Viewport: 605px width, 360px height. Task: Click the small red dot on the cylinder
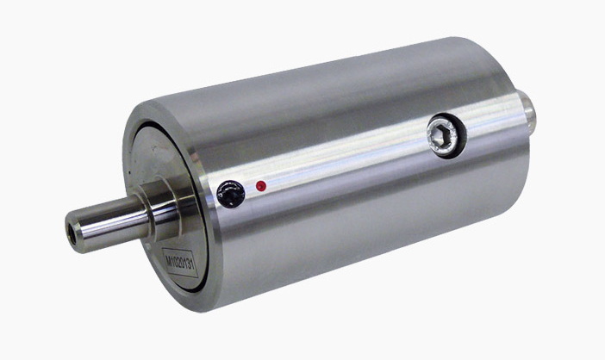(260, 185)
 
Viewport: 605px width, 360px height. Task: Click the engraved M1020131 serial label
(180, 264)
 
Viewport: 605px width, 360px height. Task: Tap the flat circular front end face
(151, 172)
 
